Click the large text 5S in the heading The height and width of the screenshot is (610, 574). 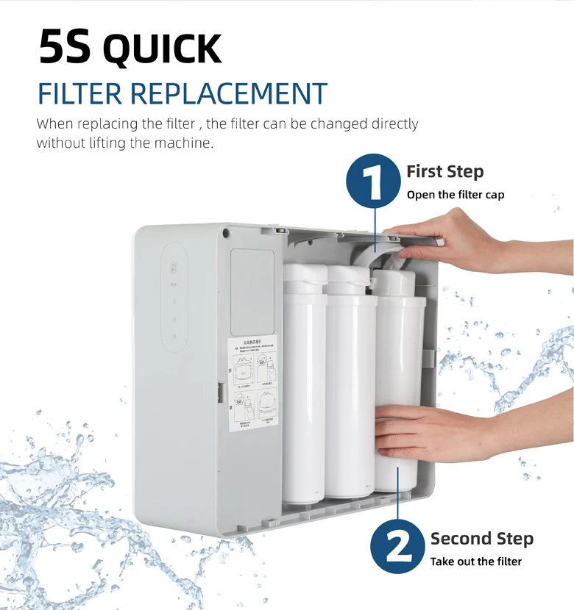pyautogui.click(x=65, y=48)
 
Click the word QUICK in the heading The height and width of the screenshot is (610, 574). pyautogui.click(x=162, y=49)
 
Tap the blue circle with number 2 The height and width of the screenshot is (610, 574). pyautogui.click(x=397, y=545)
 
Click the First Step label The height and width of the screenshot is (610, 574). pyautogui.click(x=444, y=172)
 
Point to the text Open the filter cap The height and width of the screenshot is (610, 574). pyautogui.click(x=455, y=195)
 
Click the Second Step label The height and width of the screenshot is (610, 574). pyautogui.click(x=481, y=539)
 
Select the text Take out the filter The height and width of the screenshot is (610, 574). pyautogui.click(x=475, y=561)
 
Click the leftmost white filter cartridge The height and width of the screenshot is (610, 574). pyautogui.click(x=304, y=390)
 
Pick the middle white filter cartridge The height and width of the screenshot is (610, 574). pyautogui.click(x=351, y=390)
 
